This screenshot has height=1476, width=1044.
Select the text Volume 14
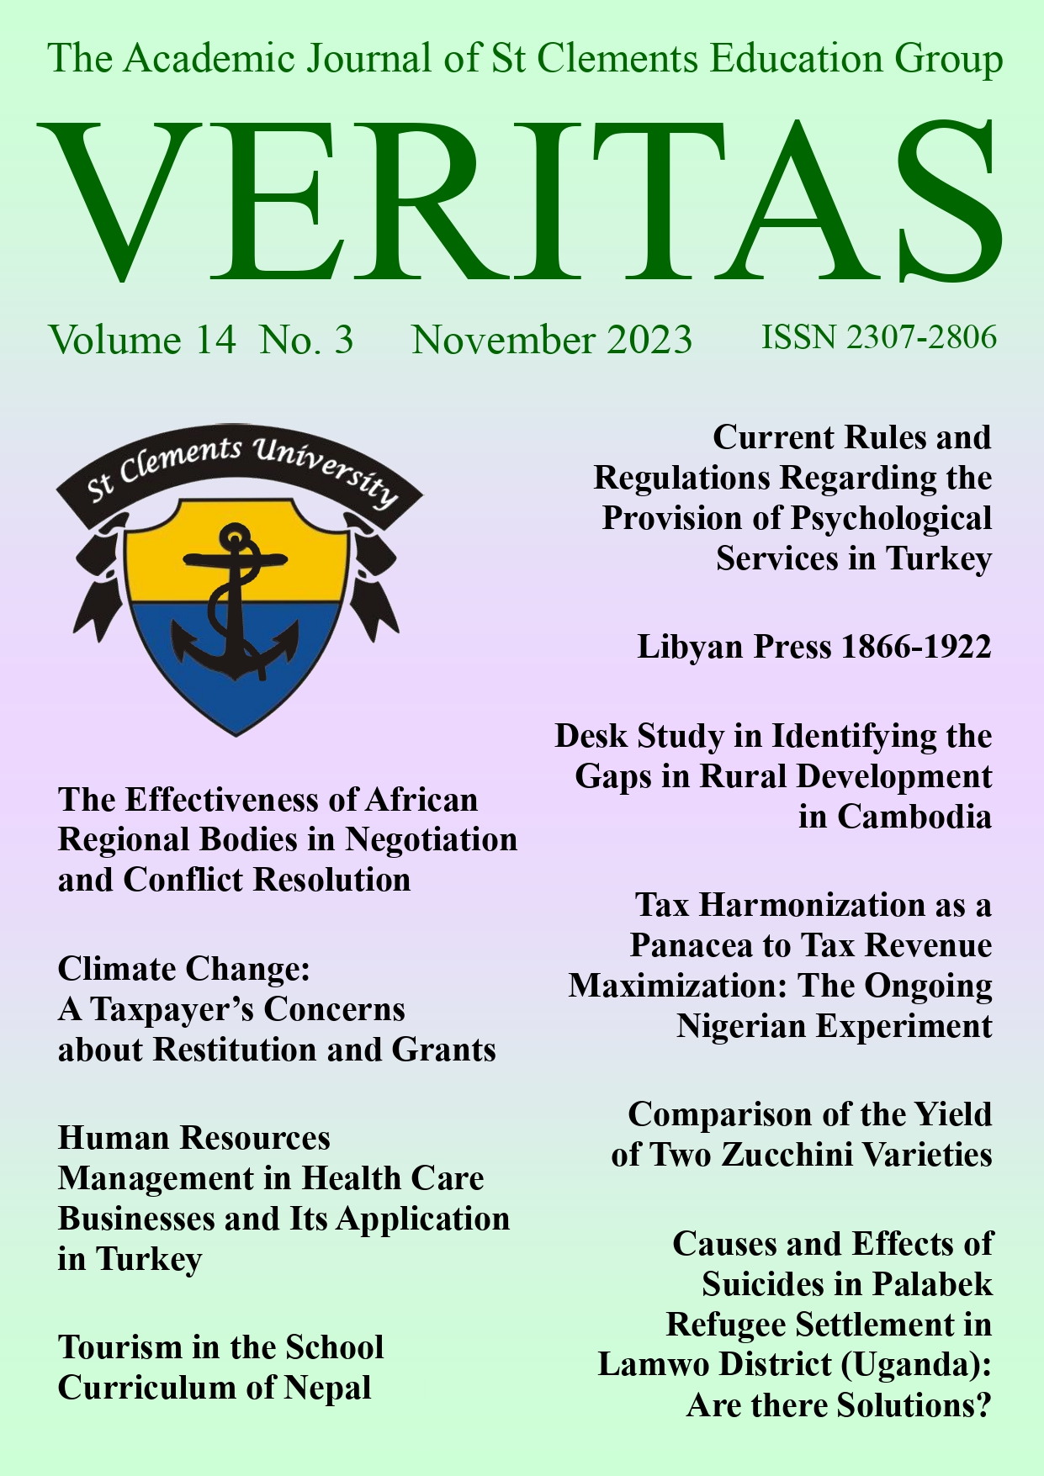point(142,341)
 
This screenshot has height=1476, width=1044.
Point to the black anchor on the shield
point(236,606)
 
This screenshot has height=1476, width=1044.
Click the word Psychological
point(892,518)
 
